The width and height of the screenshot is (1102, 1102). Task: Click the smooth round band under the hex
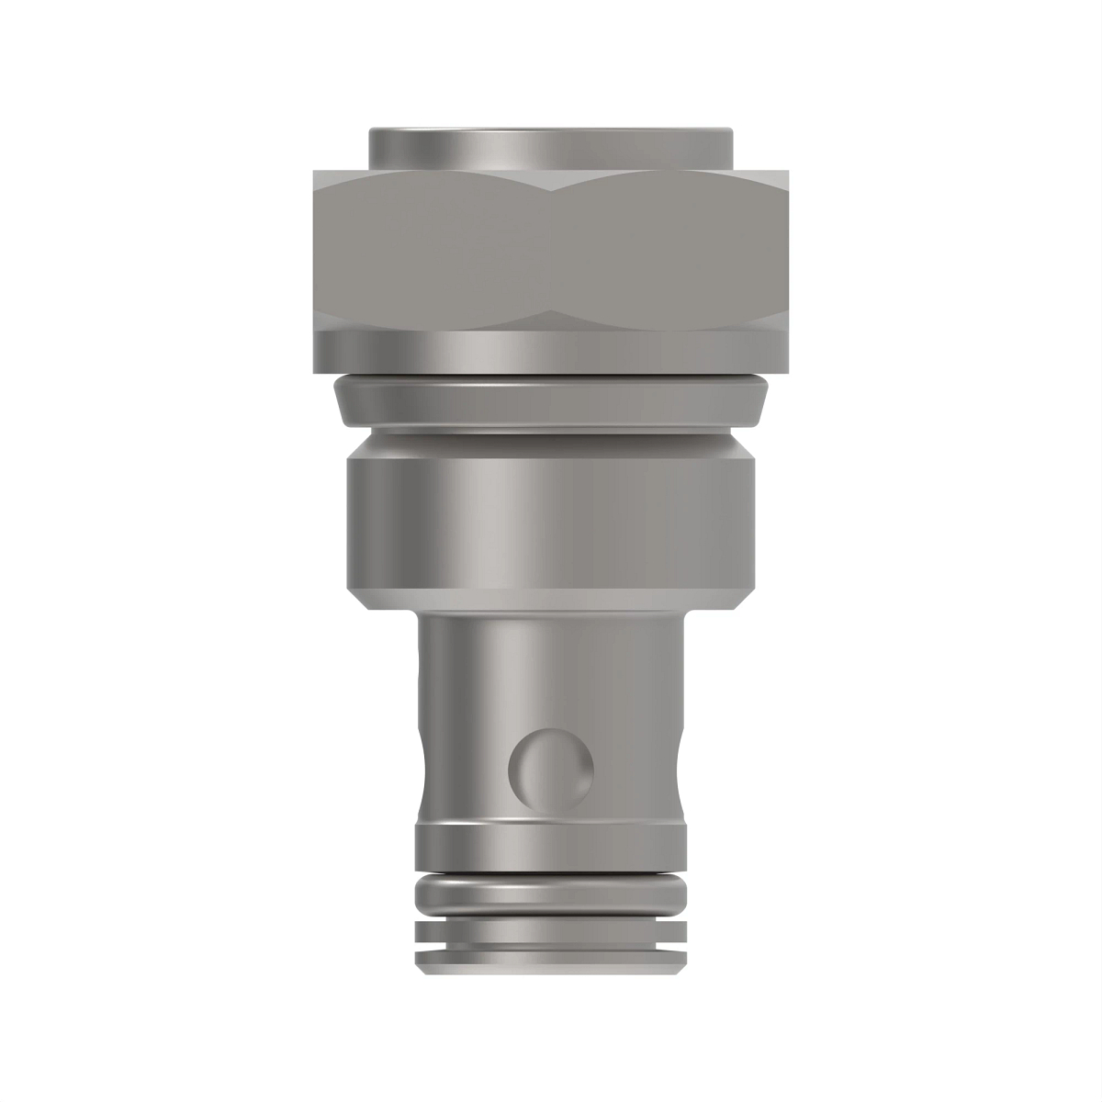click(x=551, y=351)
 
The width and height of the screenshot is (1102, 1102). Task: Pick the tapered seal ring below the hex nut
click(x=551, y=402)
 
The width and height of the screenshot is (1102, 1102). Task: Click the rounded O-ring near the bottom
click(x=551, y=893)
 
